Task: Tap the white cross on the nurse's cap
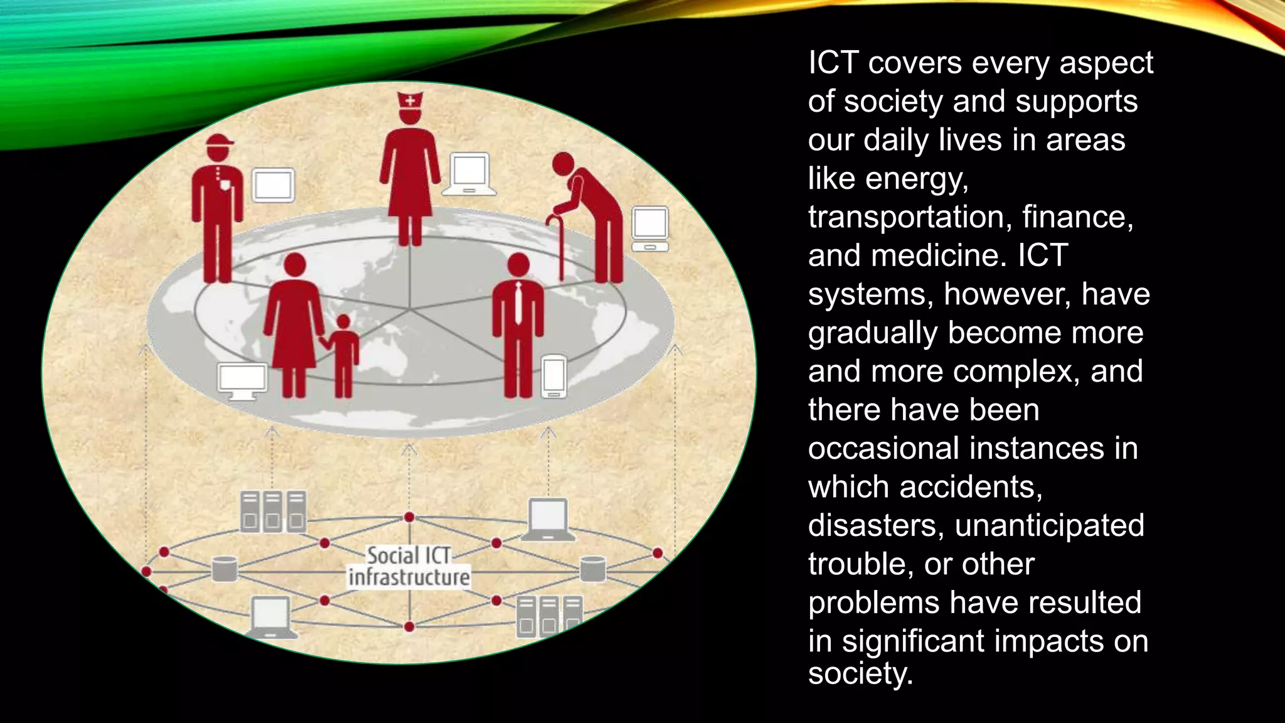(x=410, y=100)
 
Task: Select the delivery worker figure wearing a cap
(x=217, y=207)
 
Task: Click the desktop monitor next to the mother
(x=242, y=380)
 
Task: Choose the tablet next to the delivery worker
(x=274, y=185)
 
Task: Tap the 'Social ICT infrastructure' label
(x=409, y=566)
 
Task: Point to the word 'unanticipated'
(x=1049, y=525)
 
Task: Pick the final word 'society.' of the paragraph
(x=860, y=674)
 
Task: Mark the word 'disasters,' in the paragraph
(x=876, y=525)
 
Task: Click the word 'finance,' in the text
(x=1077, y=217)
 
